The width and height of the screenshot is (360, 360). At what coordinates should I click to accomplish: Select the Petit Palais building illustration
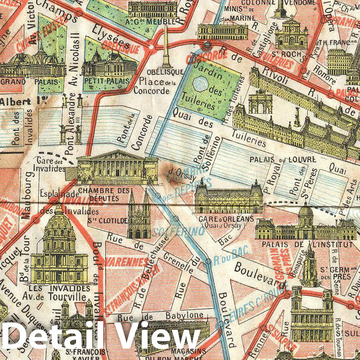[109, 65]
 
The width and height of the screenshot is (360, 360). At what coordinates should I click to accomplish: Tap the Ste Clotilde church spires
[139, 212]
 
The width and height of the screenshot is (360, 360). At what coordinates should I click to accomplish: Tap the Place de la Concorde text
[155, 86]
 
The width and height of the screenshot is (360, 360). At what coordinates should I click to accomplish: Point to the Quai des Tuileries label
[217, 130]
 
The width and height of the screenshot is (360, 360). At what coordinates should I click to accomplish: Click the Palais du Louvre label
[282, 159]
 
